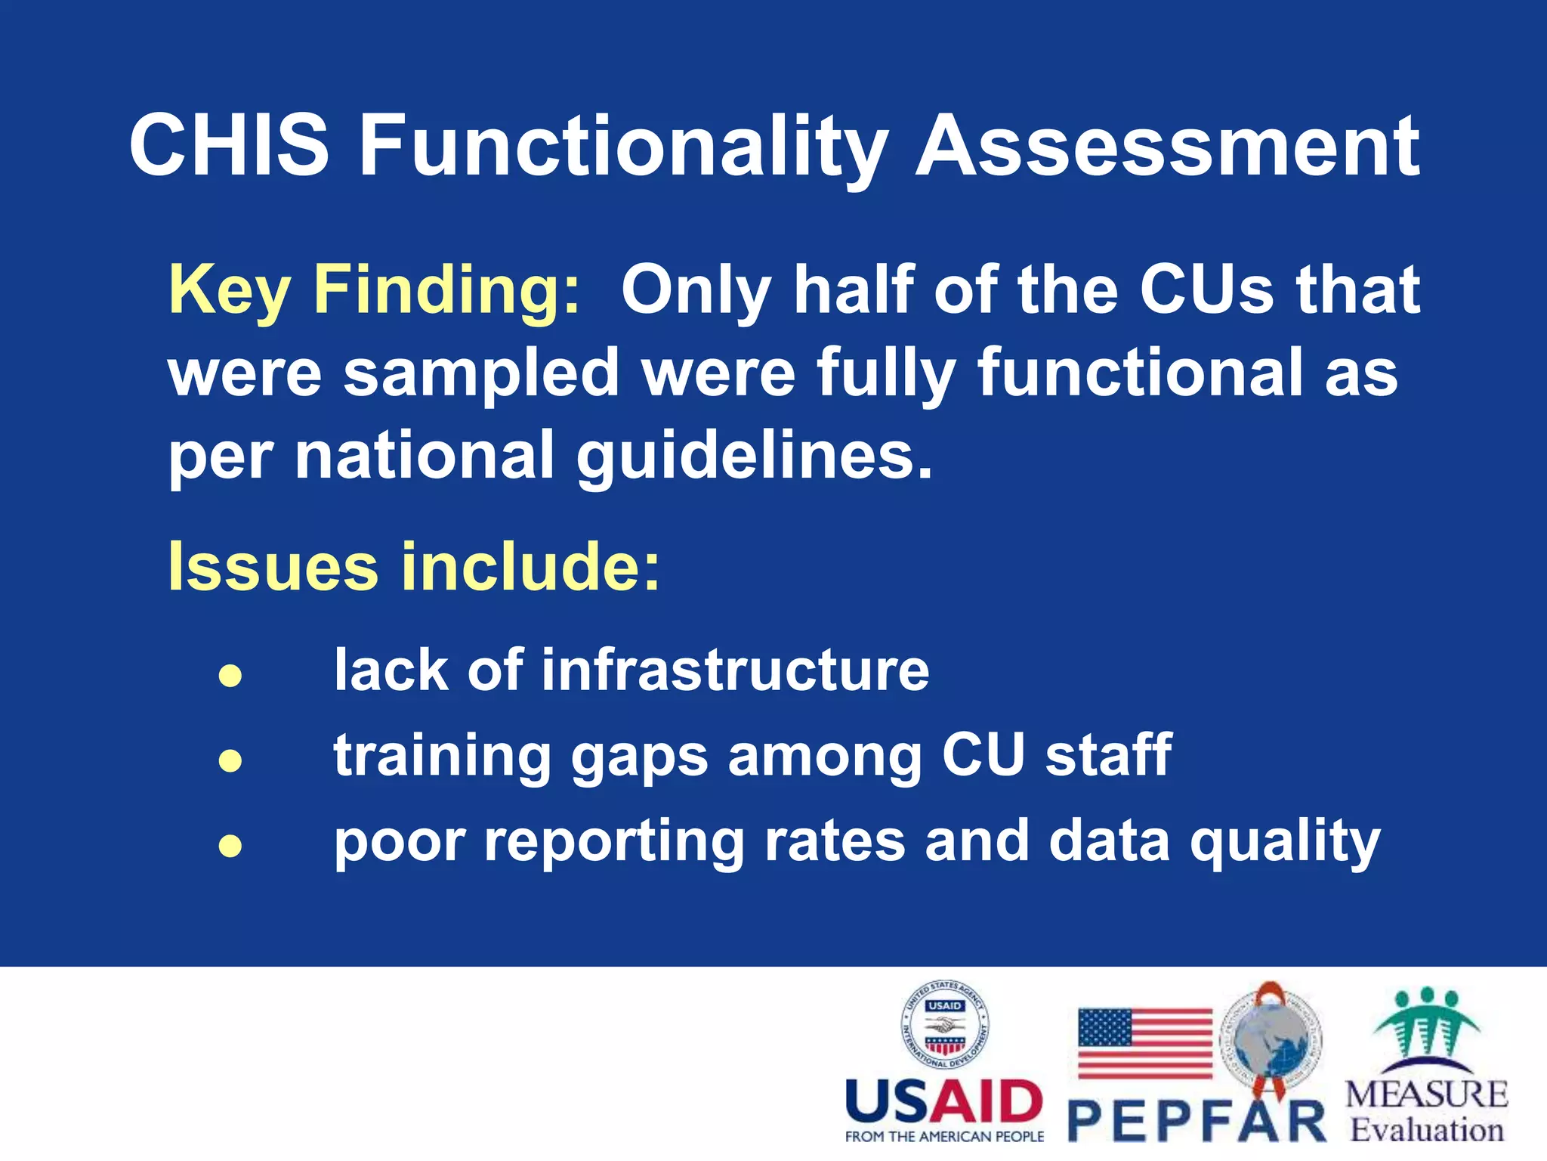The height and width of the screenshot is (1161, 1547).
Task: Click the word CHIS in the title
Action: coord(229,145)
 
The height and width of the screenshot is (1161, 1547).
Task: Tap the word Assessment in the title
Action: coord(1167,145)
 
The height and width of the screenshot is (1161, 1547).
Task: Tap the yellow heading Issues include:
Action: coord(414,567)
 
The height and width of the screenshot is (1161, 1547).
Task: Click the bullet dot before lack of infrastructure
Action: coord(230,675)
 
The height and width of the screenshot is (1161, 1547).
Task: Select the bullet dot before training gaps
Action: coord(230,760)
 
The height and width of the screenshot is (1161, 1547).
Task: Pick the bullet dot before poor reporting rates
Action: coord(230,845)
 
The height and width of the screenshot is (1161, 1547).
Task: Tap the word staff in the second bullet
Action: coord(1108,754)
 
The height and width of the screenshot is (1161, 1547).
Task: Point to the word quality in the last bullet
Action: coord(1285,841)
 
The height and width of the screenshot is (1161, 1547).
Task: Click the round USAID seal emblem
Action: coord(945,1025)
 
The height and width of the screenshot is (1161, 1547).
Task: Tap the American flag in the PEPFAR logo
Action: coord(1144,1042)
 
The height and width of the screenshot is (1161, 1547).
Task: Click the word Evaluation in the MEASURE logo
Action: coord(1426,1130)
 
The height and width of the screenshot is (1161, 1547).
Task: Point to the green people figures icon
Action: coord(1425,1024)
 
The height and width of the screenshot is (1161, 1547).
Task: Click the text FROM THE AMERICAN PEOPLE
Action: coord(944,1137)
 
